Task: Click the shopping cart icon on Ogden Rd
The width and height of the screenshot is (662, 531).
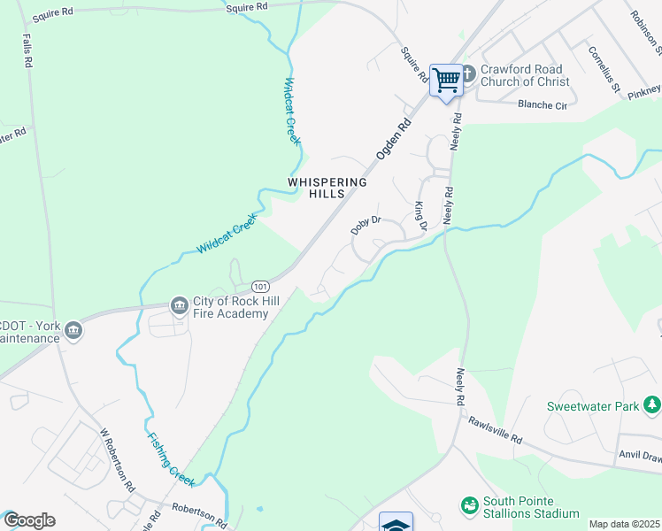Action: (x=447, y=80)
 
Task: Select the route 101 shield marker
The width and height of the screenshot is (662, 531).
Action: (x=259, y=287)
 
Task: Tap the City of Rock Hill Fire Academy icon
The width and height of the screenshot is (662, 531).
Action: (x=180, y=306)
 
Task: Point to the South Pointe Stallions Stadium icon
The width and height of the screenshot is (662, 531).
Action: (x=469, y=506)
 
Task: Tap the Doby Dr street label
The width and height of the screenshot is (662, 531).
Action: (x=365, y=225)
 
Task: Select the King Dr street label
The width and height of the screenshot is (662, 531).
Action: (x=420, y=216)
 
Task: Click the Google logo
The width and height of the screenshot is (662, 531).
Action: (x=29, y=520)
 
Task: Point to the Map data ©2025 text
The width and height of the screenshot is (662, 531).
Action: (x=624, y=524)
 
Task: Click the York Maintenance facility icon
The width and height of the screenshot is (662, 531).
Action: (x=73, y=331)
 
